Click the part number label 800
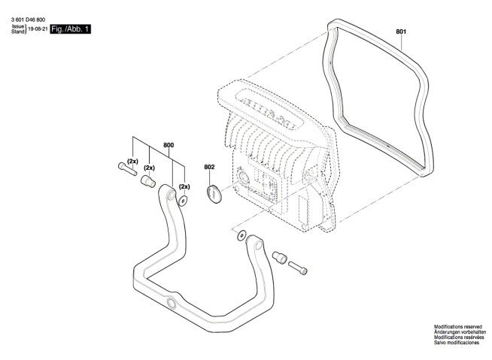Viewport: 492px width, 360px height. (x=169, y=145)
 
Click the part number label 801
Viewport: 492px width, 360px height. (x=401, y=32)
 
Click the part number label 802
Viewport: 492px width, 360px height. (x=209, y=167)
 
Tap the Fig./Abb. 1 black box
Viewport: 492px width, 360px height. (x=70, y=29)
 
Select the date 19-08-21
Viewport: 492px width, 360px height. (x=38, y=29)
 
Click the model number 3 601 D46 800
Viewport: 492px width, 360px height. (x=28, y=20)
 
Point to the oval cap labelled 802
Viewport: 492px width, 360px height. (x=214, y=193)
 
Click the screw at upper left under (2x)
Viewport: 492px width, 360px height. (x=127, y=168)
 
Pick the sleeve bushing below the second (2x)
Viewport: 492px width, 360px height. (x=148, y=181)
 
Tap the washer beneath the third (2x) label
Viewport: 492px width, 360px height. (x=183, y=201)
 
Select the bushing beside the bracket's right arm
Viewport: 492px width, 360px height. (x=280, y=257)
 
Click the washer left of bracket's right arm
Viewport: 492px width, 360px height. (x=241, y=235)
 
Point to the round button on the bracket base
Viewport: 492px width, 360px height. (x=172, y=303)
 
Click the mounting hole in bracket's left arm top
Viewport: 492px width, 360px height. (x=172, y=195)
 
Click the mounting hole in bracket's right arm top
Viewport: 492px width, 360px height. (x=258, y=244)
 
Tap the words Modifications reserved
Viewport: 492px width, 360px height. (x=458, y=327)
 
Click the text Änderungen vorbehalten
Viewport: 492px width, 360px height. (x=460, y=331)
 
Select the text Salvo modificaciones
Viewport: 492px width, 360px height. (x=457, y=343)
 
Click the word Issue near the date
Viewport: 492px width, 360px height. (x=18, y=26)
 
